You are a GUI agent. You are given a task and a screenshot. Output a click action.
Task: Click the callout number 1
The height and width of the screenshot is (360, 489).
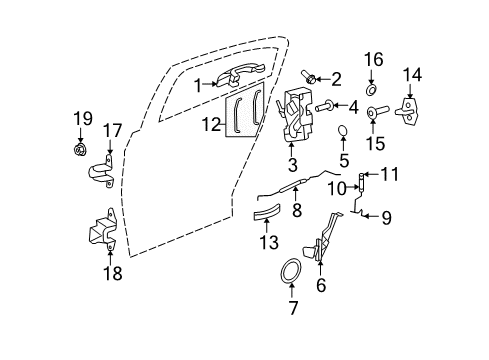(x=198, y=84)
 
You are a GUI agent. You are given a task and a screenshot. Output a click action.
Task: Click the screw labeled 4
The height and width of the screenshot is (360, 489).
(x=324, y=105)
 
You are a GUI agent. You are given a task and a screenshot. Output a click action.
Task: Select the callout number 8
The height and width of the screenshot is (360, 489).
(x=296, y=211)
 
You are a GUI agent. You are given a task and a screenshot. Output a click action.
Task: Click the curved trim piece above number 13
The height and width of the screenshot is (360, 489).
(x=210, y=125)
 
